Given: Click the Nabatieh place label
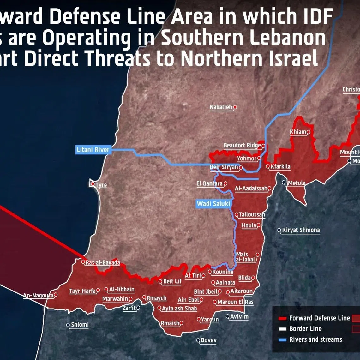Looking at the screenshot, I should pyautogui.click(x=221, y=107).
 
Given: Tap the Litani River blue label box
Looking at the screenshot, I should pyautogui.click(x=93, y=150).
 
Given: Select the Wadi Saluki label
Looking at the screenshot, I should pyautogui.click(x=213, y=204).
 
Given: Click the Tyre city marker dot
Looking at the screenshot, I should pyautogui.click(x=93, y=184).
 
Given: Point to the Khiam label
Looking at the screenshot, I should pyautogui.click(x=298, y=132).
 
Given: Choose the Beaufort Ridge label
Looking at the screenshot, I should pyautogui.click(x=242, y=146).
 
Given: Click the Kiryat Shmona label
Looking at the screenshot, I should pyautogui.click(x=301, y=230).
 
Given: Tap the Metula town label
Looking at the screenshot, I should pyautogui.click(x=297, y=183).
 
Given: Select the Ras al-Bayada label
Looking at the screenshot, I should pyautogui.click(x=103, y=262).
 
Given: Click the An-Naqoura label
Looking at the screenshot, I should pyautogui.click(x=38, y=296).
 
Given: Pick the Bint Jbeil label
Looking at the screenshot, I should pyautogui.click(x=206, y=292).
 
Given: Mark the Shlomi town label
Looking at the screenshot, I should pyautogui.click(x=80, y=325).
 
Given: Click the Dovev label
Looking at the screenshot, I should pyautogui.click(x=209, y=340).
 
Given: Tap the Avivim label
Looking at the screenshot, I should pyautogui.click(x=239, y=316).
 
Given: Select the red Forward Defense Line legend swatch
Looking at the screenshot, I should pyautogui.click(x=282, y=318).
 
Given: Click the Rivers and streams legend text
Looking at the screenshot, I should pyautogui.click(x=315, y=339).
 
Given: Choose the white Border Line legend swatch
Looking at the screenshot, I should pyautogui.click(x=282, y=329).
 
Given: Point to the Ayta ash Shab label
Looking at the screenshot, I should pyautogui.click(x=179, y=309).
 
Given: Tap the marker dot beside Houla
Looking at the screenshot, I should pyautogui.click(x=259, y=225).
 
